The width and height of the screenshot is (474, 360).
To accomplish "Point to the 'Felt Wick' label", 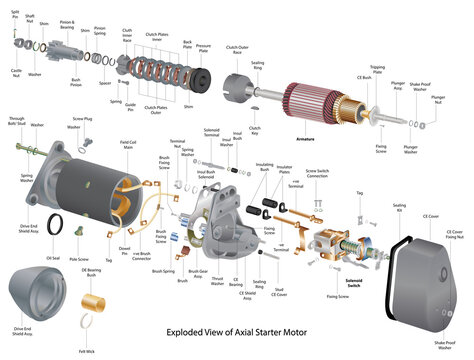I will tap(87, 352).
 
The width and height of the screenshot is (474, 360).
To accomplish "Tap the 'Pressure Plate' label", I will tap(203, 46).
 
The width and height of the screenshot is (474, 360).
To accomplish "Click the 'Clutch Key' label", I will tap(254, 131).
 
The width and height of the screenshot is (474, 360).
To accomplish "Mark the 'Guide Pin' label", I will tap(129, 106).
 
